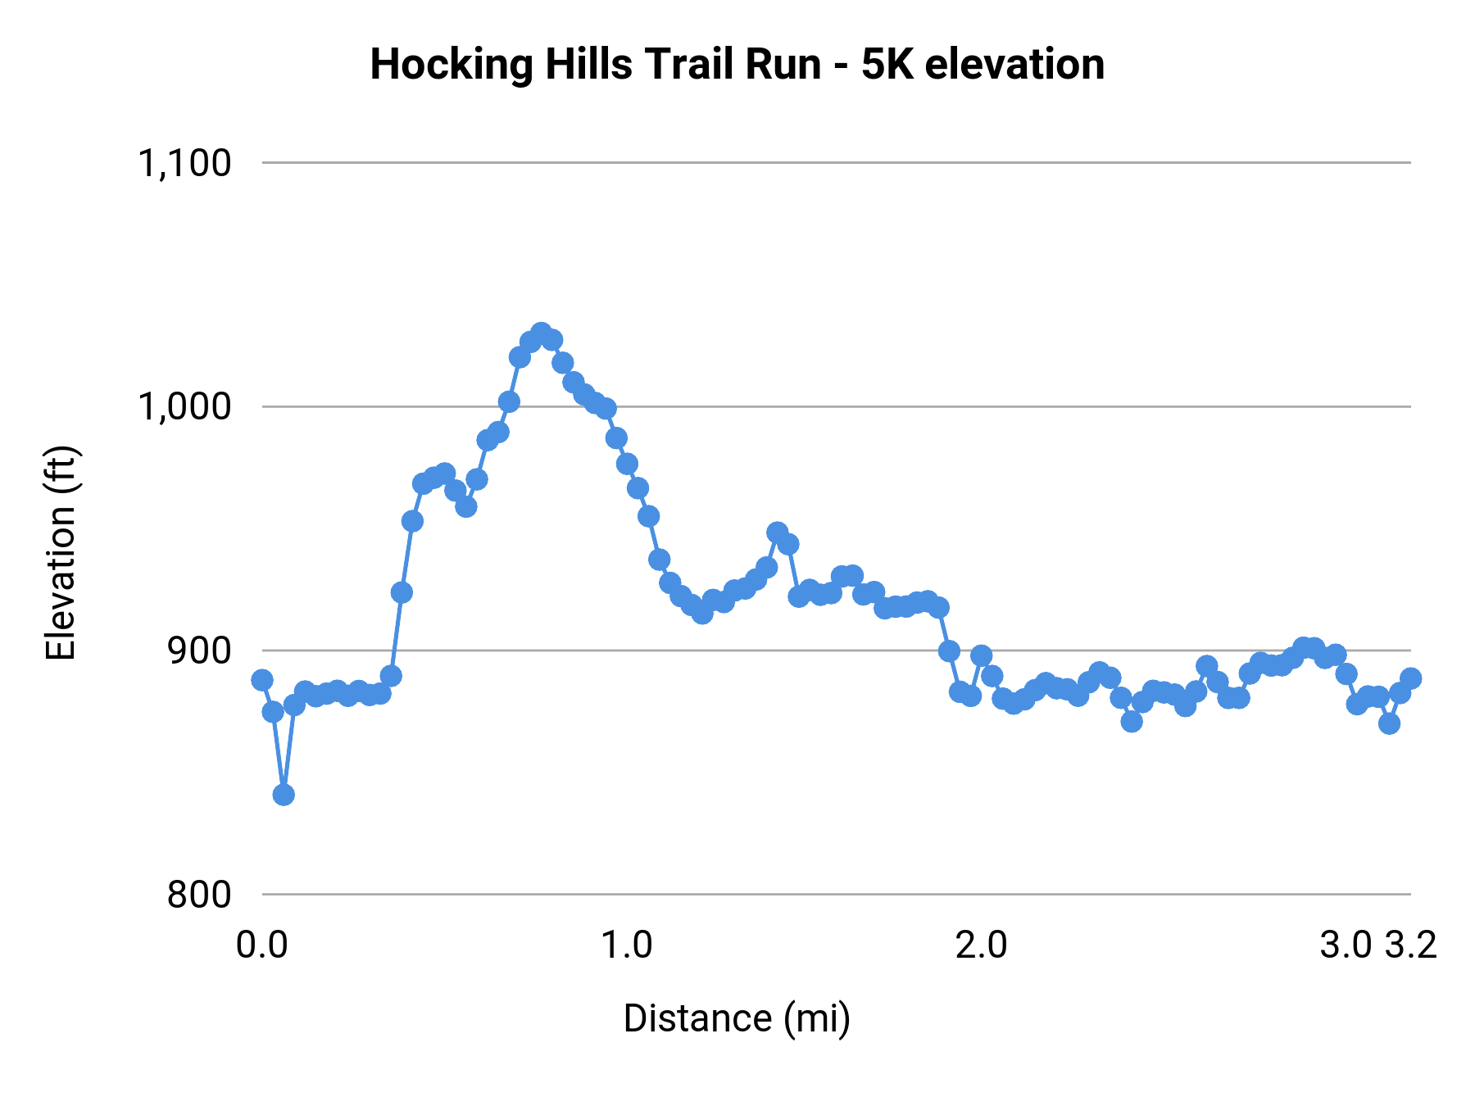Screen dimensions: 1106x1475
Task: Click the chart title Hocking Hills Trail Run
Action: pos(737,64)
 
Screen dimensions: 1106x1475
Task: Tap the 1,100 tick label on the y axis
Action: pos(184,163)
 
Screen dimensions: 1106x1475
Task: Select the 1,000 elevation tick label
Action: pos(184,406)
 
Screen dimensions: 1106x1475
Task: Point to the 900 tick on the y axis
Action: pos(199,650)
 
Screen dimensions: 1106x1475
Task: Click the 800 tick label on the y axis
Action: pos(199,894)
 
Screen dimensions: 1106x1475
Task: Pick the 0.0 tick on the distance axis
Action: pos(261,945)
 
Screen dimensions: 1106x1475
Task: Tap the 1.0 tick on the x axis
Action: pos(627,945)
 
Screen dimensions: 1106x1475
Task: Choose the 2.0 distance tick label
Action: pos(982,945)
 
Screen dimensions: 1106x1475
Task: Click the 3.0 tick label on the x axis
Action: pos(1345,945)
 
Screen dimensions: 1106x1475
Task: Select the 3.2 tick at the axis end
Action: pos(1411,945)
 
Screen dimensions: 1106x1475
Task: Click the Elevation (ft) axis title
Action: pos(61,553)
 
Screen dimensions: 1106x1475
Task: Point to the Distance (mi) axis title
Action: pos(737,1018)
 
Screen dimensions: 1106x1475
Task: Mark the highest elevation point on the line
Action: pos(541,333)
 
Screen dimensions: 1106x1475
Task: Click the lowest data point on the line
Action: pos(284,795)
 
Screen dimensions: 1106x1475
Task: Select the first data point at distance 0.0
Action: pos(262,680)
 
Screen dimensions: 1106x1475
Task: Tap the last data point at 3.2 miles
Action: pos(1410,678)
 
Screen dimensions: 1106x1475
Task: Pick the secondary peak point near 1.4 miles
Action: pos(778,533)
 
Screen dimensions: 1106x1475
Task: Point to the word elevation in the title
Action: pos(1014,64)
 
